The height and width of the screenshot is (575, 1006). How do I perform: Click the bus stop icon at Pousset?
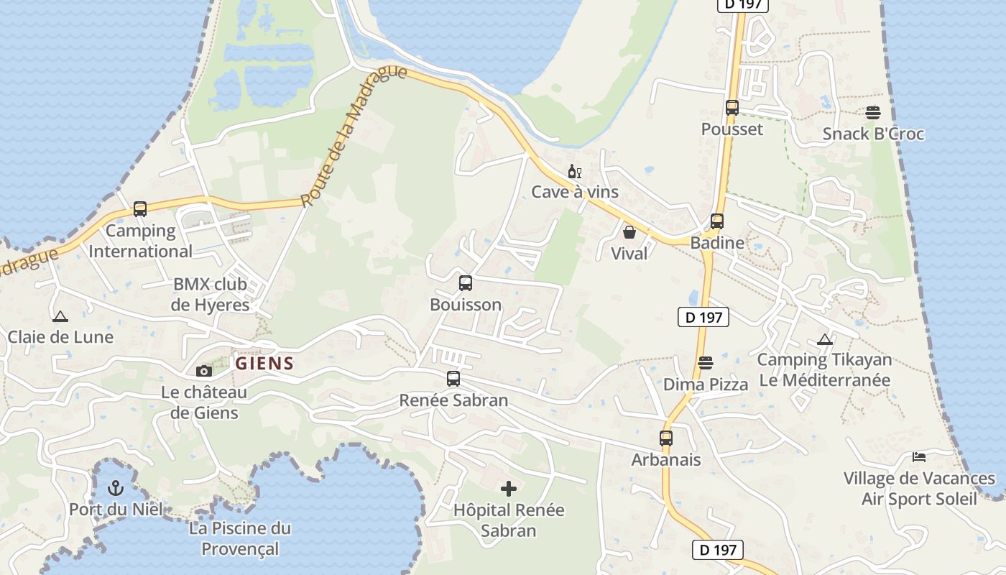click(x=732, y=108)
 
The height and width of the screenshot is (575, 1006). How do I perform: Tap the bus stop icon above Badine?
click(x=717, y=221)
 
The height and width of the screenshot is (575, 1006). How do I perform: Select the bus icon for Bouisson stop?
click(x=466, y=283)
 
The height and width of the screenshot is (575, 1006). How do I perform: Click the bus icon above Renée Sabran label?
click(x=453, y=379)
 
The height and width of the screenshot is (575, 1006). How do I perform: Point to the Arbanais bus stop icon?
click(x=666, y=438)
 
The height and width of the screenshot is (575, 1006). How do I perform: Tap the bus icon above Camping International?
click(x=140, y=209)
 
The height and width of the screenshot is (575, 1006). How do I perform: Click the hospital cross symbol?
click(x=509, y=489)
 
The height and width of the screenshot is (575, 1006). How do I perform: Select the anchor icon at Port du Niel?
click(x=115, y=489)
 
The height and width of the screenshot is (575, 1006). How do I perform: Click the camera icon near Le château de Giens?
click(x=204, y=371)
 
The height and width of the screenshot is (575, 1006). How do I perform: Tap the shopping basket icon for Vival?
click(x=629, y=232)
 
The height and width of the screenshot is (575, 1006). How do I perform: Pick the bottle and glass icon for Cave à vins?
click(x=574, y=171)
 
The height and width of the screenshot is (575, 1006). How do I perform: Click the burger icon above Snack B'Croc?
click(x=873, y=113)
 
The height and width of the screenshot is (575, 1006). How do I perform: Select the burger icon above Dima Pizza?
click(x=706, y=363)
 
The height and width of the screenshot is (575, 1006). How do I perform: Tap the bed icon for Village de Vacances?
click(x=919, y=456)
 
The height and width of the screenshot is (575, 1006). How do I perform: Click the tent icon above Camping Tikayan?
click(x=825, y=339)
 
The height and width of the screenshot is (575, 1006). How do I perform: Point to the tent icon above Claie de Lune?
click(x=60, y=316)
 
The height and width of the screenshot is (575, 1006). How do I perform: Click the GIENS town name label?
click(x=265, y=363)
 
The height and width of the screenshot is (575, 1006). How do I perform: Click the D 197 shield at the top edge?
click(x=743, y=4)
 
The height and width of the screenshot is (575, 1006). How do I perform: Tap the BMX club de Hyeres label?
click(x=210, y=294)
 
